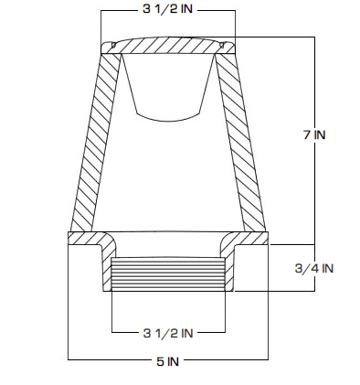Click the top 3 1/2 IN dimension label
[168, 9]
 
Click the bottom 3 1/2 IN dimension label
[168, 333]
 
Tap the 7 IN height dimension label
[314, 134]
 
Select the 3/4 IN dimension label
[314, 268]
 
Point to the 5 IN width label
[168, 361]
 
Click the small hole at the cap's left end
[113, 45]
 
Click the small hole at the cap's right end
[222, 45]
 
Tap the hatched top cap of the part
[168, 46]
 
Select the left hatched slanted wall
[95, 143]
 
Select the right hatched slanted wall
[240, 143]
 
